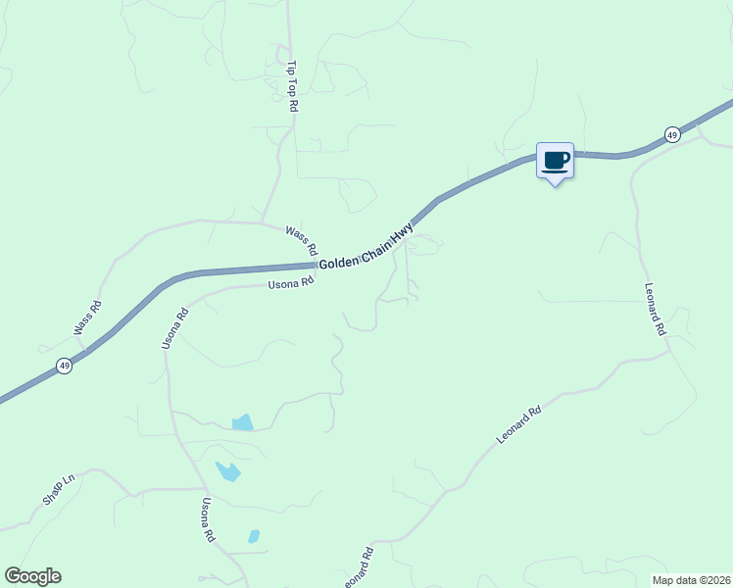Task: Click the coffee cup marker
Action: pyautogui.click(x=555, y=160)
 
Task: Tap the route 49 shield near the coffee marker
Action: pyautogui.click(x=671, y=134)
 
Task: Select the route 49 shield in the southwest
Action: pyautogui.click(x=64, y=366)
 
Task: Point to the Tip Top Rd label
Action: pyautogui.click(x=291, y=86)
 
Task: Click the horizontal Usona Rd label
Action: pyautogui.click(x=291, y=283)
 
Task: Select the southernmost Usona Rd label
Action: pyautogui.click(x=208, y=520)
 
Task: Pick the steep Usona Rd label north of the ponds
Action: pyautogui.click(x=174, y=329)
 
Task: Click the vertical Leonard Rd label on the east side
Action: pyautogui.click(x=656, y=310)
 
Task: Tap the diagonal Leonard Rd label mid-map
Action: pyautogui.click(x=518, y=425)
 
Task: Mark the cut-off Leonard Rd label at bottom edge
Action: pyautogui.click(x=361, y=567)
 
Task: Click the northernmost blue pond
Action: pyautogui.click(x=242, y=423)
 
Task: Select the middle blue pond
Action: pyautogui.click(x=228, y=471)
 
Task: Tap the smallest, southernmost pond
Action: pyautogui.click(x=254, y=536)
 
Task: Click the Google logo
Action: pyautogui.click(x=32, y=576)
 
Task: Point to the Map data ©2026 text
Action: pyautogui.click(x=690, y=579)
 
